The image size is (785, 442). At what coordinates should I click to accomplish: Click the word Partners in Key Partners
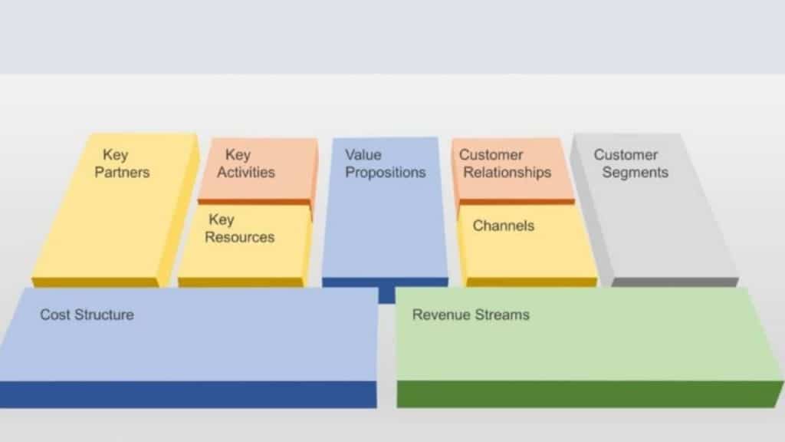122,172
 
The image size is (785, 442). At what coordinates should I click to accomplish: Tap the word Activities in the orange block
245,172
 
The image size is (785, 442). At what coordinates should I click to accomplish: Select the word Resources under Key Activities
239,237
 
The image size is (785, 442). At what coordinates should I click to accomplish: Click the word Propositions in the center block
385,172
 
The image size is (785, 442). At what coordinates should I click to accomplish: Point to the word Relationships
507,172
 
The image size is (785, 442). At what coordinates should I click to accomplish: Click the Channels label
504,226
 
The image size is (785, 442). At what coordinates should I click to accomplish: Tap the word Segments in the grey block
635,172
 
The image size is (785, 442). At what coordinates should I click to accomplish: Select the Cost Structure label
87,315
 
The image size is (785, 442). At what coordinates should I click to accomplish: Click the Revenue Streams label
471,315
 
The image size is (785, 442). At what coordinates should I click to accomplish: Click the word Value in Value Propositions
363,155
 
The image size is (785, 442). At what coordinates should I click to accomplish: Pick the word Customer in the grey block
626,155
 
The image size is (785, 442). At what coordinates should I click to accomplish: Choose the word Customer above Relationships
491,155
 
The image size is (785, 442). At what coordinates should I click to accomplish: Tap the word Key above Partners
116,155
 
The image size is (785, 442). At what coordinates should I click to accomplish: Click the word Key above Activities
238,155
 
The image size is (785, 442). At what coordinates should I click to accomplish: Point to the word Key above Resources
221,220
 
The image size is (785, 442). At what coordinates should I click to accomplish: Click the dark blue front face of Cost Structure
188,394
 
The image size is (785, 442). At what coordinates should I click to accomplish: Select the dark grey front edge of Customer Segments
675,282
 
